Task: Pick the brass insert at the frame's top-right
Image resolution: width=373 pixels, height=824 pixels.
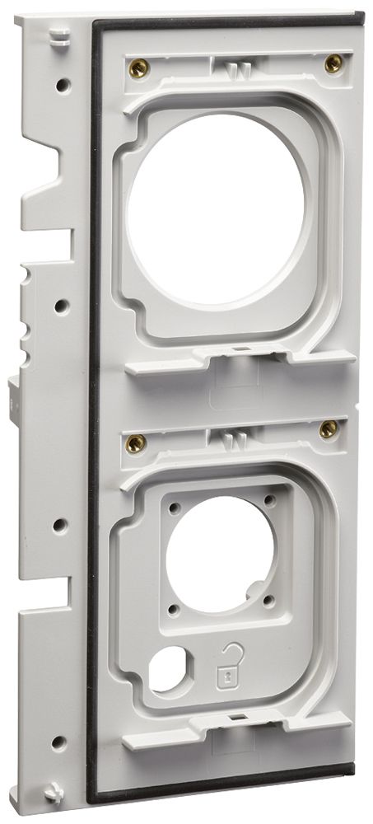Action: [x=333, y=63]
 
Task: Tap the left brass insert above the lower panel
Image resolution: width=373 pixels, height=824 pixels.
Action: [x=137, y=443]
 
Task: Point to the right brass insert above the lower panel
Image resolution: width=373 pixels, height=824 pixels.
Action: [x=329, y=428]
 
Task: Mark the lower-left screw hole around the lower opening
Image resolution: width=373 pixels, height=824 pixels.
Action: [x=174, y=609]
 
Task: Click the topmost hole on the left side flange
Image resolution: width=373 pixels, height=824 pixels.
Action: [x=62, y=83]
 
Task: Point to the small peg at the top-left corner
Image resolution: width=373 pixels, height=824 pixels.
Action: [x=58, y=35]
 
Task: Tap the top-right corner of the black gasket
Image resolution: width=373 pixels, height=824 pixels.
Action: [x=359, y=16]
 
